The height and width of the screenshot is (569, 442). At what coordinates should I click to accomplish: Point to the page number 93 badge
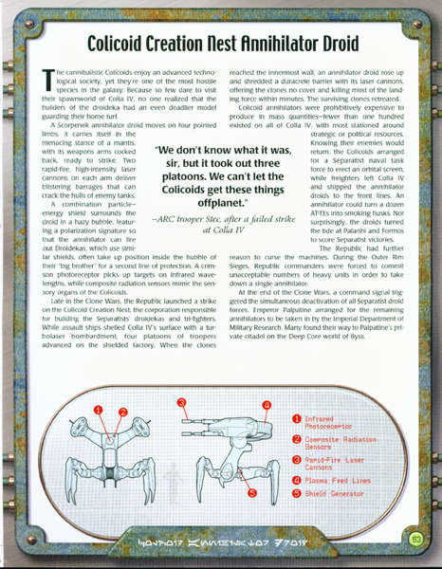(415, 541)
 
